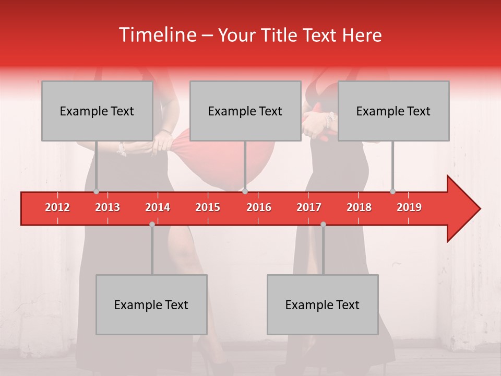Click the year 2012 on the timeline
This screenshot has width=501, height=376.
coord(57,207)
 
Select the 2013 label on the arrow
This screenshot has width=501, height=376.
coord(108,207)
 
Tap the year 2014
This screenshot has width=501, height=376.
coord(158,207)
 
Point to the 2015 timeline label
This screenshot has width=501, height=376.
coord(208,207)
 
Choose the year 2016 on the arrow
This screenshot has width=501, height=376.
coord(259,207)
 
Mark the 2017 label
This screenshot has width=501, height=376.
coord(309,207)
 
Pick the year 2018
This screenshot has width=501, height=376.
coord(359,207)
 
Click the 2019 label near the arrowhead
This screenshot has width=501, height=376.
coord(409,207)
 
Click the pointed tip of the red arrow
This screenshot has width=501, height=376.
coord(479,209)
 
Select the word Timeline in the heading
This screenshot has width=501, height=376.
coord(157,35)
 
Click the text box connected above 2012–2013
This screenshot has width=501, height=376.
coord(97,111)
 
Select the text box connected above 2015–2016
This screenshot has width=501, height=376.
coord(245,111)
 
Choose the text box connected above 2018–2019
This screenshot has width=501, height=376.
coord(393,111)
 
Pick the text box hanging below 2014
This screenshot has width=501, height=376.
coord(151,304)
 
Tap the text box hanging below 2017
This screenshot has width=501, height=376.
coord(323,304)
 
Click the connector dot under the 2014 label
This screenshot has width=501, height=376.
coord(152,224)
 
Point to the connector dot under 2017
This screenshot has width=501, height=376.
coord(323,224)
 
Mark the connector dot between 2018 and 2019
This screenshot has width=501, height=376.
coord(392,191)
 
